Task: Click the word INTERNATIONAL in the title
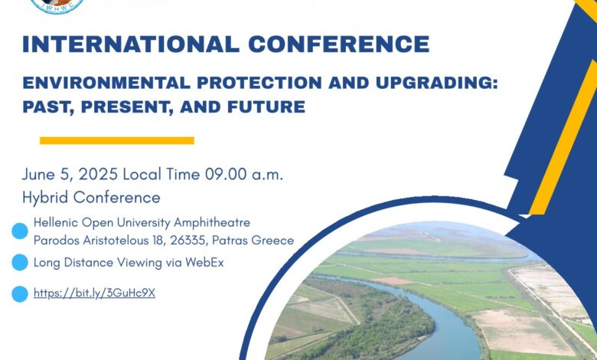click(131, 44)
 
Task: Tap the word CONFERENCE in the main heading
click(339, 44)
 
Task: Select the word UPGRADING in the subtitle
click(437, 83)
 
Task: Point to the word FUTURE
click(266, 106)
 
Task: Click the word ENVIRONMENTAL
click(106, 83)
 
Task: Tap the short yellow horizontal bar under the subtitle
click(117, 141)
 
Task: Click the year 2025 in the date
click(98, 175)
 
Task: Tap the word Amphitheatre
click(212, 222)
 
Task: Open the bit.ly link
click(94, 293)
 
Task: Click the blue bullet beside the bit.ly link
click(20, 294)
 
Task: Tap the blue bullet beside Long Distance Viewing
click(20, 263)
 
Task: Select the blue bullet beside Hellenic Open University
click(20, 231)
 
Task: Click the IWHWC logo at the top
click(57, 5)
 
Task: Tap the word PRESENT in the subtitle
click(125, 107)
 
